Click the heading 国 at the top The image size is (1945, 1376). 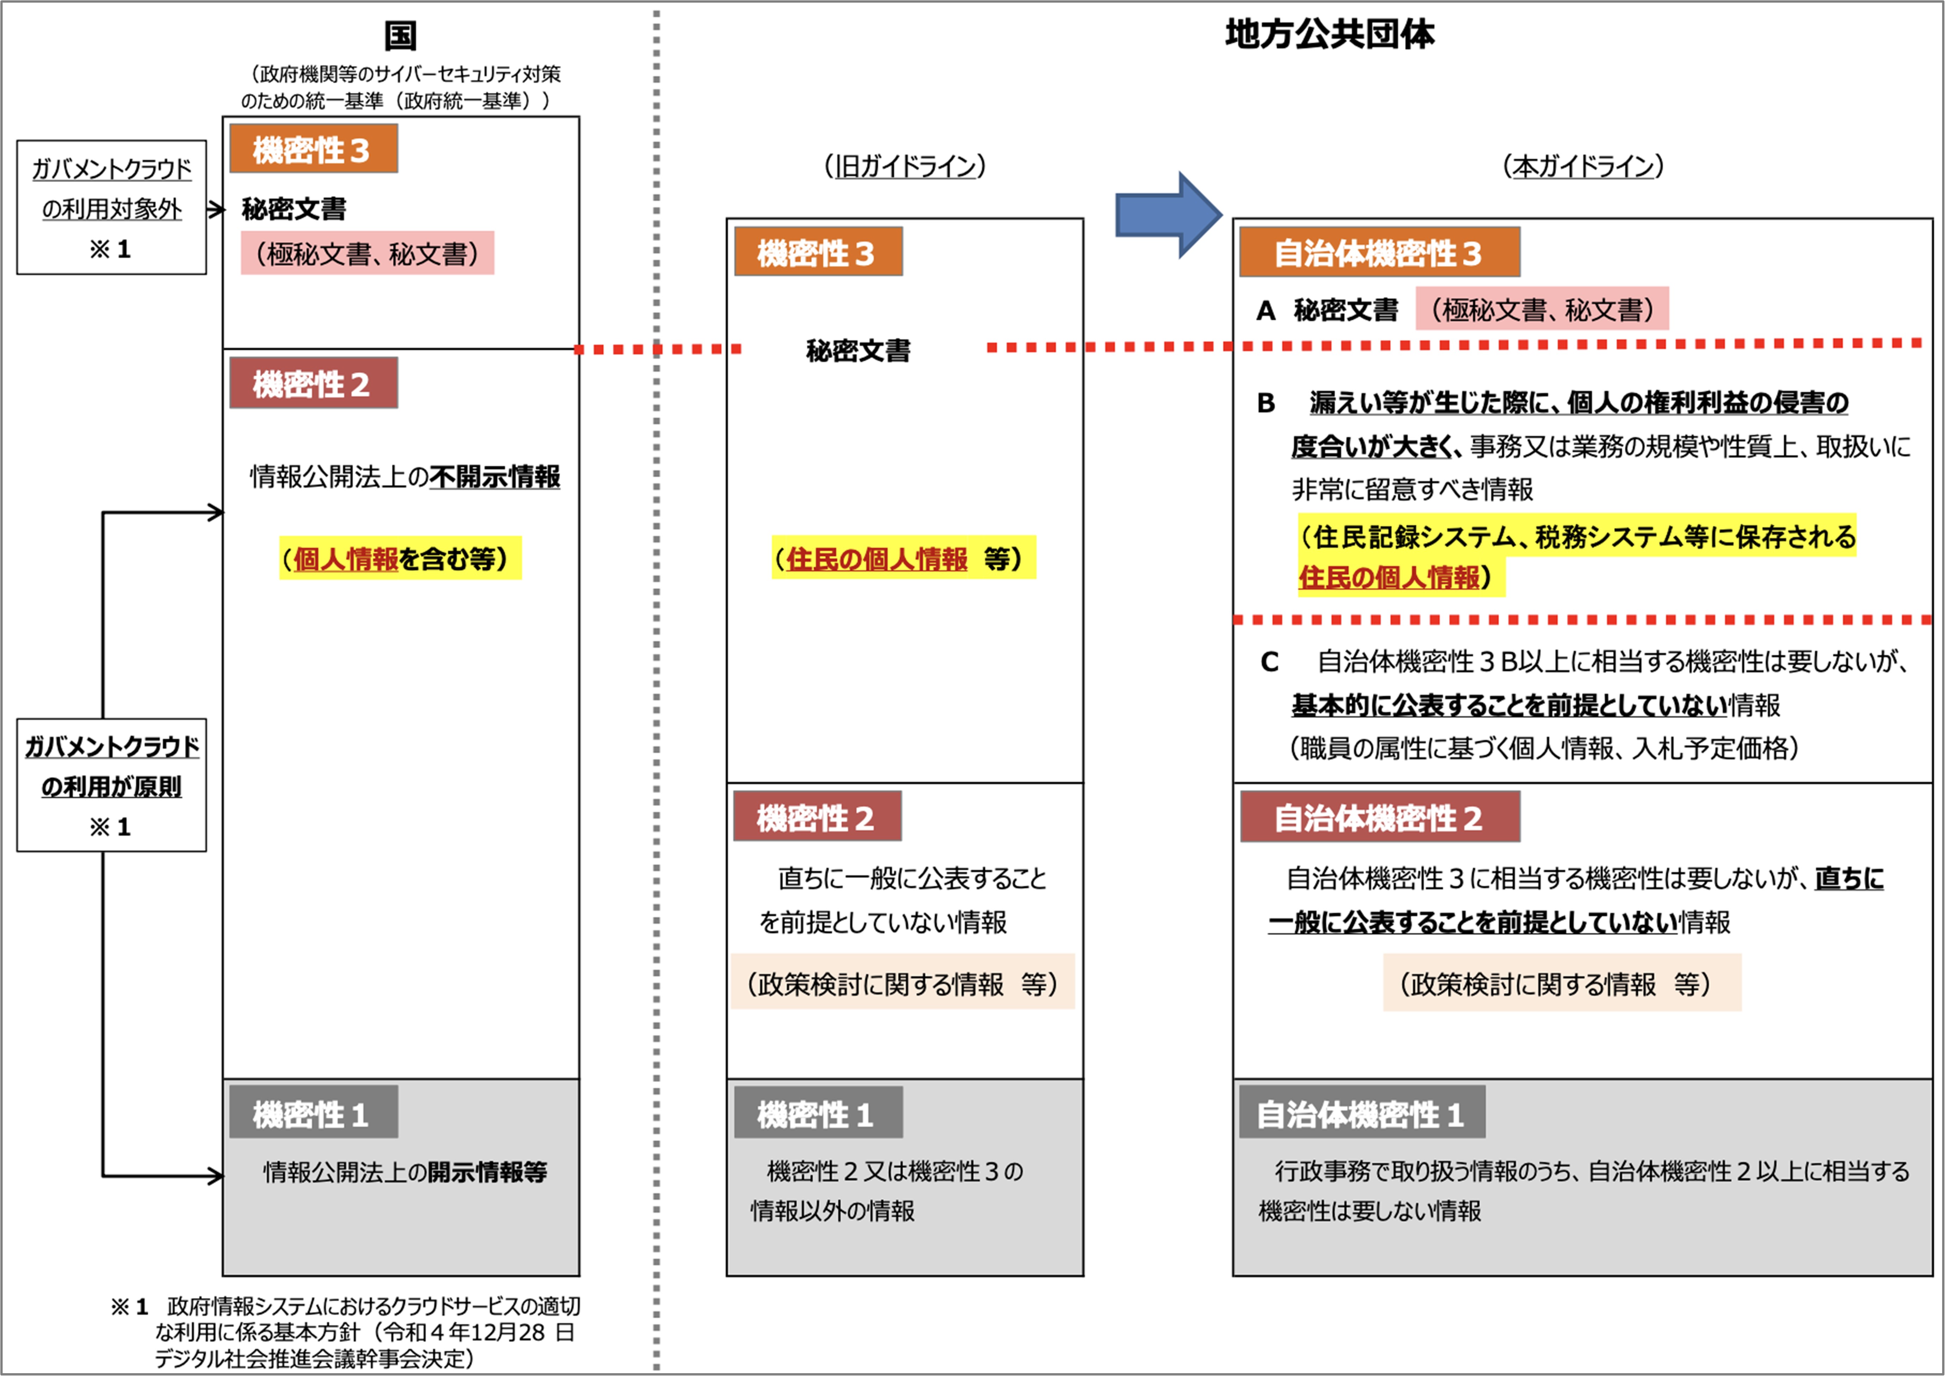tap(400, 36)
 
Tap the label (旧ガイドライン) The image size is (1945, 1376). tap(905, 166)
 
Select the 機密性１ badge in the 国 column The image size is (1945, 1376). tap(313, 1113)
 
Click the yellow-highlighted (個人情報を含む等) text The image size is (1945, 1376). tap(400, 558)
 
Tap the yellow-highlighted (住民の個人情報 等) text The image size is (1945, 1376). tap(903, 558)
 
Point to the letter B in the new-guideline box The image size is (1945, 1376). tap(1266, 403)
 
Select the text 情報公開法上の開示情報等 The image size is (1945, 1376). tap(405, 1172)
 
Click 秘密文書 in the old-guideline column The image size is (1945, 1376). tap(858, 350)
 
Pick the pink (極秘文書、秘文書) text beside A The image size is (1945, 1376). tap(1542, 309)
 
